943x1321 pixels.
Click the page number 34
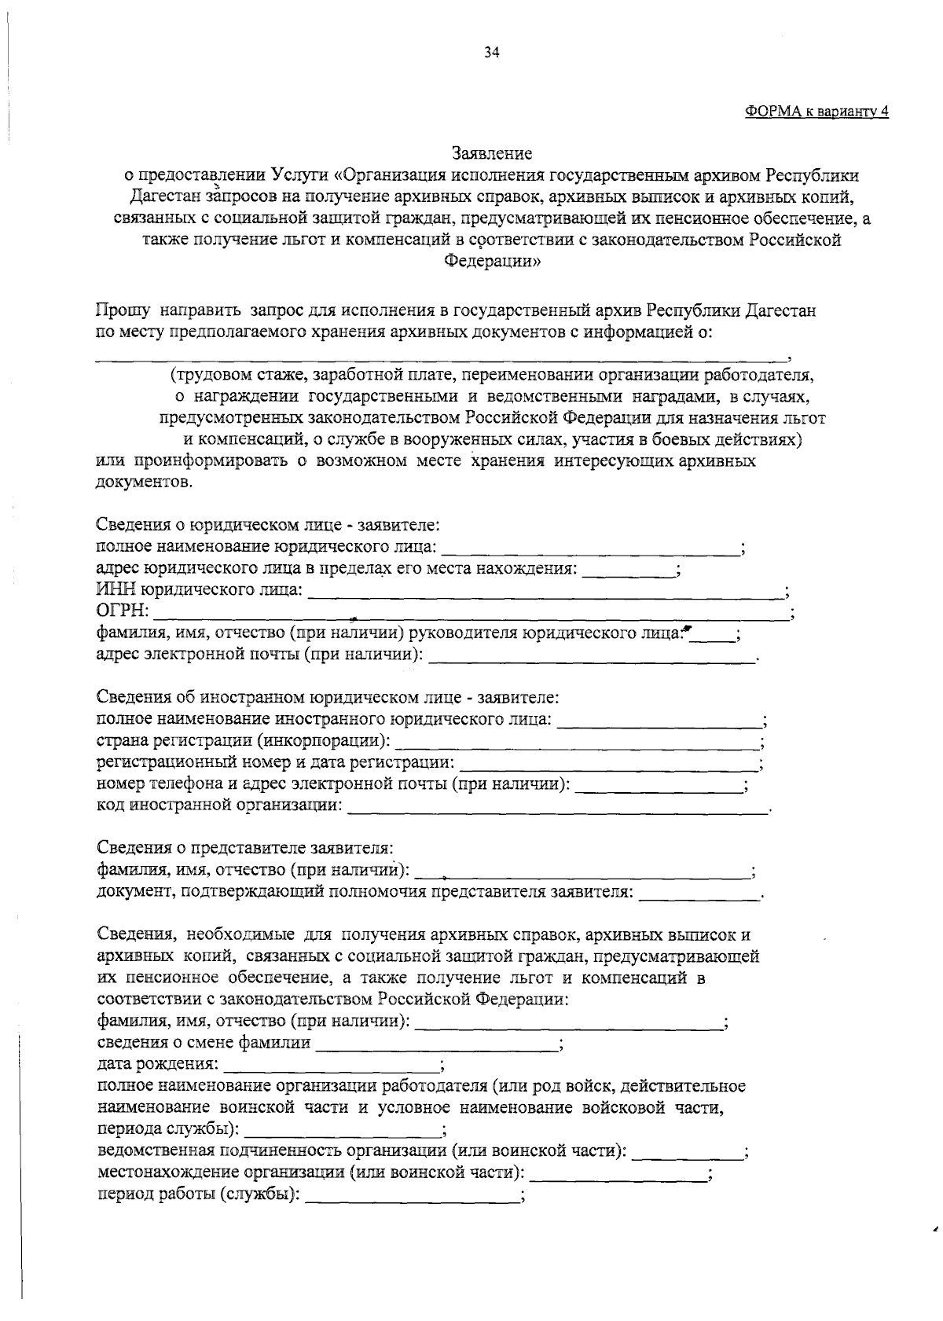point(492,53)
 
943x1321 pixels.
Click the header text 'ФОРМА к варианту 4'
point(816,111)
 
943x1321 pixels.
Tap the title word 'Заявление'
point(492,152)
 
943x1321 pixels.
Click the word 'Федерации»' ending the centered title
point(492,262)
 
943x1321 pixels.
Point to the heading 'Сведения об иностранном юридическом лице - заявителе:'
point(328,697)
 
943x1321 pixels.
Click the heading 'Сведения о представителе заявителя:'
point(244,848)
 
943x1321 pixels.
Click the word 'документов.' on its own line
point(142,482)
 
